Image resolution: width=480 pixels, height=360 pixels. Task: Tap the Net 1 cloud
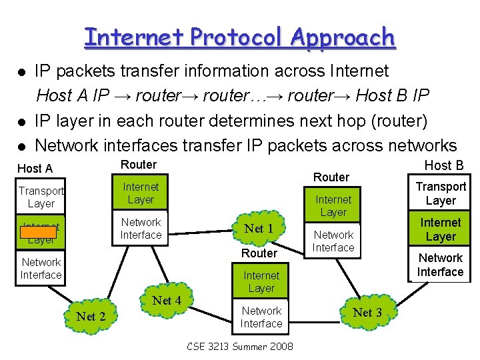[259, 229]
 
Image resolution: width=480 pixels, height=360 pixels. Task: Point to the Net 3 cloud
[367, 313]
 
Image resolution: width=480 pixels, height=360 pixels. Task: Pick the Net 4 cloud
[167, 301]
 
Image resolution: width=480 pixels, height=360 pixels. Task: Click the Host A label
[35, 169]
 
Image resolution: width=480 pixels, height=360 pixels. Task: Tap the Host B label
[443, 165]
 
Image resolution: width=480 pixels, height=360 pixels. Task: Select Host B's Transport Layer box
[441, 194]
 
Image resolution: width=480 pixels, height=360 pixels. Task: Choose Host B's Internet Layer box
[441, 229]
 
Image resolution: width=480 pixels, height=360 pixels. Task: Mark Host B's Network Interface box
[441, 265]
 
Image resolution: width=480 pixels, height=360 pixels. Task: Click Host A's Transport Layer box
[41, 197]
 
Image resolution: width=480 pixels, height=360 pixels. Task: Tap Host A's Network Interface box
[41, 269]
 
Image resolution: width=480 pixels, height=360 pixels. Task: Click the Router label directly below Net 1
[259, 253]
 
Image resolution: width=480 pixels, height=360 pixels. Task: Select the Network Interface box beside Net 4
[261, 317]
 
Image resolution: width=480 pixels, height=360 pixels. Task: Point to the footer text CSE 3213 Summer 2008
[240, 347]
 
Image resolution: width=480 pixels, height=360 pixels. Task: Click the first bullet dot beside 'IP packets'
[21, 71]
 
